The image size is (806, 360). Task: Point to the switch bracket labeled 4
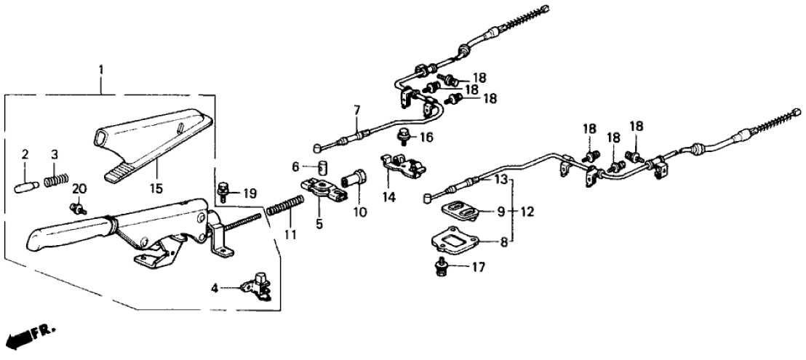255,284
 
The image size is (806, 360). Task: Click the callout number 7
356,110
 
